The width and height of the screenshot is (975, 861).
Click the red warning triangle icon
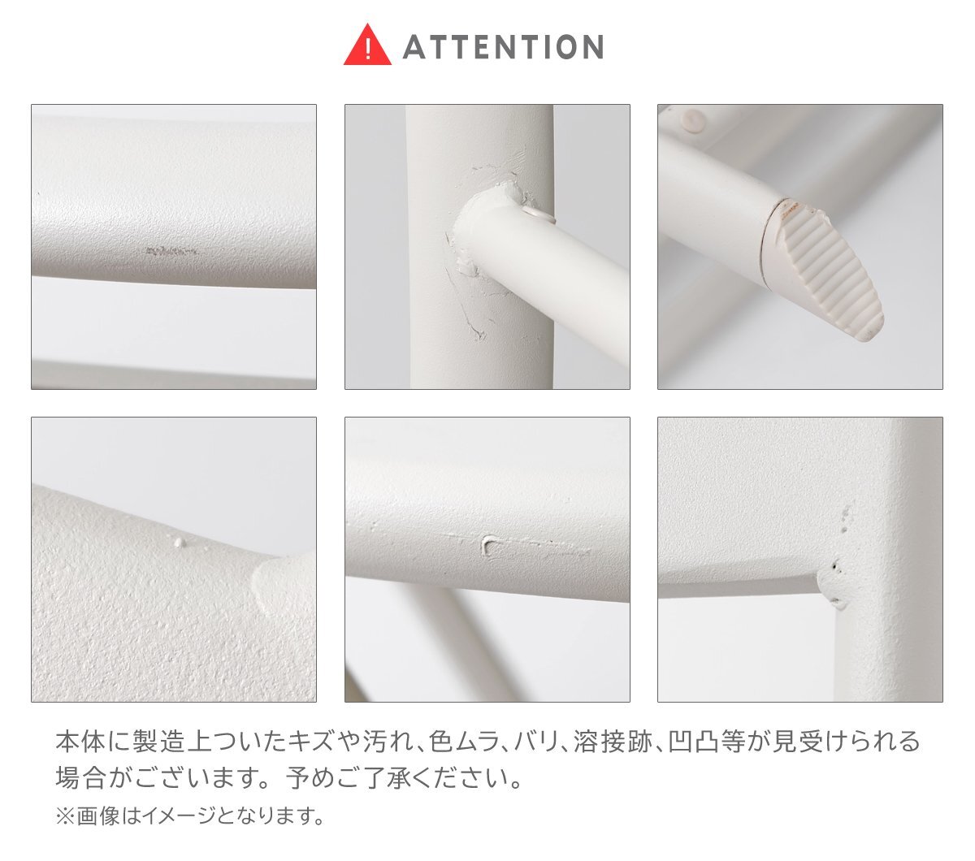coord(368,46)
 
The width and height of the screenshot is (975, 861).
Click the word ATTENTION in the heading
coord(503,47)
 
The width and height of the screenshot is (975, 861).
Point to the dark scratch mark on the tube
coord(172,252)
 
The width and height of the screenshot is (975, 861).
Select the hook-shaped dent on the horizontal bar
coord(491,543)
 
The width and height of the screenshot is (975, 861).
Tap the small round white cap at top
coord(692,120)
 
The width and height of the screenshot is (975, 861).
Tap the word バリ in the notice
coord(535,742)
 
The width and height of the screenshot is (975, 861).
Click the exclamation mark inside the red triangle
coord(368,50)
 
